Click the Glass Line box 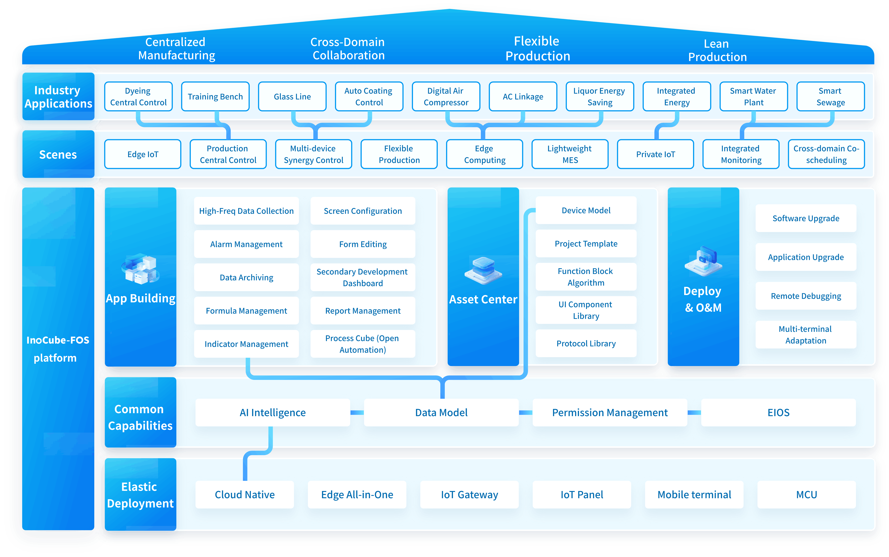click(292, 96)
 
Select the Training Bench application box click(215, 96)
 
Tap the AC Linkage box click(523, 96)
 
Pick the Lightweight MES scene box click(570, 154)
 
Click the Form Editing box click(363, 244)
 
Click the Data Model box click(441, 413)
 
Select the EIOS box click(778, 413)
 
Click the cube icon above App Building click(140, 269)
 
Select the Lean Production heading click(717, 50)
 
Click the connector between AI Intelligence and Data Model click(357, 413)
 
